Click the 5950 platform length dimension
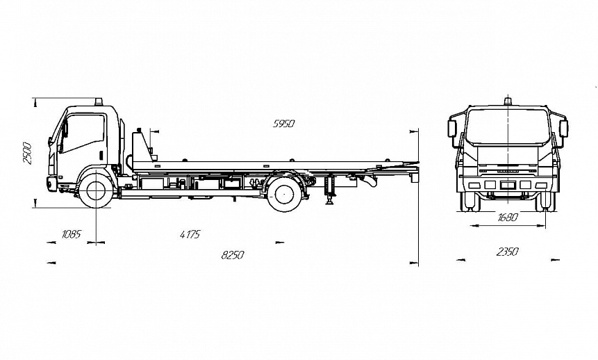(x=283, y=124)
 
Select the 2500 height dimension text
(x=27, y=153)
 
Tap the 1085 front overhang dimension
(x=70, y=234)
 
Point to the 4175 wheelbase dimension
(x=190, y=234)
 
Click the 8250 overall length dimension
(x=233, y=255)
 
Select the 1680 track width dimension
(x=508, y=217)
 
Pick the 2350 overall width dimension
(x=507, y=252)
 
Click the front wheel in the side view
(x=96, y=190)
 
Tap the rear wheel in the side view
(x=284, y=194)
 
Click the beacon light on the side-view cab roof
(x=99, y=101)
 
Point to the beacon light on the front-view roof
(x=508, y=101)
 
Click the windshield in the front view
(x=508, y=127)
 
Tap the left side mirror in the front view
(x=452, y=129)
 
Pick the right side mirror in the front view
(x=563, y=129)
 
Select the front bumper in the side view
(x=51, y=183)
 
